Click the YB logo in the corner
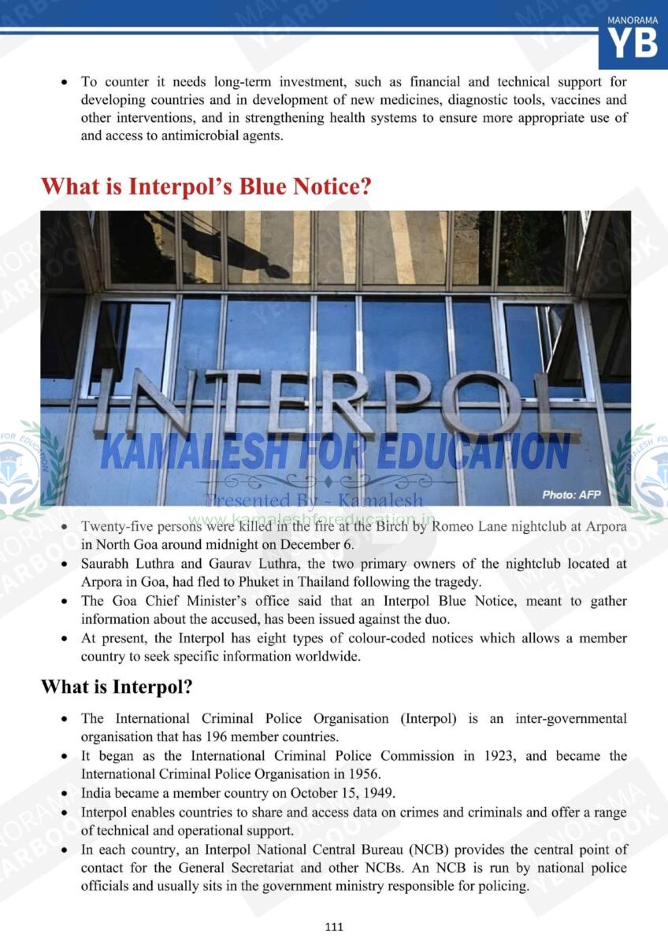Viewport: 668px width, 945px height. tap(633, 43)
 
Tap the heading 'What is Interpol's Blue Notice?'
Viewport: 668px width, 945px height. tap(206, 187)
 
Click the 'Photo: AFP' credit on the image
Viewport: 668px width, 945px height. tap(571, 495)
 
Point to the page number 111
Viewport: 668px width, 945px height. tap(334, 927)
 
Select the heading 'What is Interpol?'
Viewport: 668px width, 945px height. tap(117, 687)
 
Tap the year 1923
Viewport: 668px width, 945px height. tap(496, 756)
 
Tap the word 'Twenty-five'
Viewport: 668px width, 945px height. tap(113, 527)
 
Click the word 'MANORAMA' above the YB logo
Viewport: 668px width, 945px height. tap(633, 20)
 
